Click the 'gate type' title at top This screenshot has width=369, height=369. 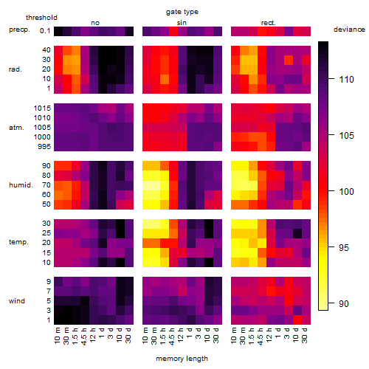point(182,12)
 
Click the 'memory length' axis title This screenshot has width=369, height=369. point(182,359)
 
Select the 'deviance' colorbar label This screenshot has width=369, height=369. point(349,30)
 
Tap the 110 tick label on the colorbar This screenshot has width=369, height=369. point(346,80)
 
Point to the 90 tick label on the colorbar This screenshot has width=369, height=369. point(344,304)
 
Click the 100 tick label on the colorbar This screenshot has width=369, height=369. point(346,191)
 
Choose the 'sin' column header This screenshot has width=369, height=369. point(182,23)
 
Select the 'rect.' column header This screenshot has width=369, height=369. point(268,23)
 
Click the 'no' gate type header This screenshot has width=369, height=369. point(95,23)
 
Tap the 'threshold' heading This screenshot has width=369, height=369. point(41,18)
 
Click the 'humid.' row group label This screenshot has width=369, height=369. point(21,185)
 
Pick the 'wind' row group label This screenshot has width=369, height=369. point(17,301)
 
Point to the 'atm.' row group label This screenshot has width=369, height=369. point(16,128)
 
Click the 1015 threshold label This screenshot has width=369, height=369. point(42,108)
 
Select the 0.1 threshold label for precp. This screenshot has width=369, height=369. point(45,31)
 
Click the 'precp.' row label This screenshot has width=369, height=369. point(19,30)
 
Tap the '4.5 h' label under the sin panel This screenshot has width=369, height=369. point(172,337)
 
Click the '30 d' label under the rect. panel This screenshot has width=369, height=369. point(304,336)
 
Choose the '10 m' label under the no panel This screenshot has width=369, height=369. point(57,336)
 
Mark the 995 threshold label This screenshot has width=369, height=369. point(44,147)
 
